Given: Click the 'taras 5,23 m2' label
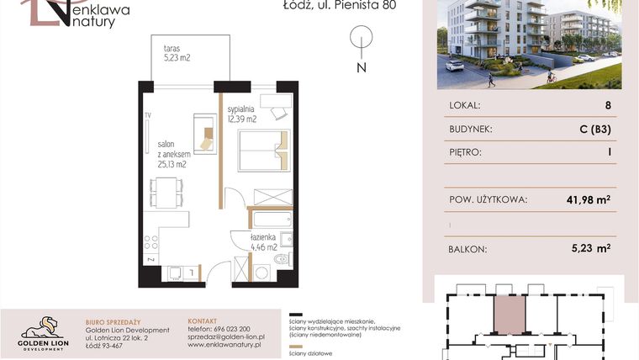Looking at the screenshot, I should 177,53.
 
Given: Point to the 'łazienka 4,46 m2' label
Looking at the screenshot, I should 267,243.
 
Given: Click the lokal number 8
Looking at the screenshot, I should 607,106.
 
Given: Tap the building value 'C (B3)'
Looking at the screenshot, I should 594,130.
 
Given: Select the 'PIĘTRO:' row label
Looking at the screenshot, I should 465,153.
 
